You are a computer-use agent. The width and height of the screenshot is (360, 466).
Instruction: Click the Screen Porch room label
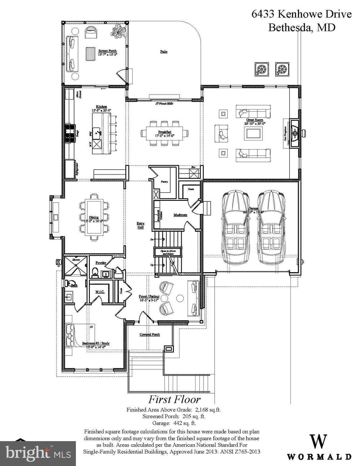pyautogui.click(x=107, y=51)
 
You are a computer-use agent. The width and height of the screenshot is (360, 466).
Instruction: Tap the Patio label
pyautogui.click(x=164, y=52)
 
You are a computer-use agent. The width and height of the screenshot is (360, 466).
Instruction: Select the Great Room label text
pyautogui.click(x=255, y=120)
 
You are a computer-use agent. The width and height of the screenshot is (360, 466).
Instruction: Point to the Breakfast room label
pyautogui.click(x=165, y=132)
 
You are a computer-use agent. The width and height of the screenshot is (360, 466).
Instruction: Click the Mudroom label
pyautogui.click(x=180, y=215)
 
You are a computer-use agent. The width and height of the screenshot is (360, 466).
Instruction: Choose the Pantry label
pyautogui.click(x=164, y=182)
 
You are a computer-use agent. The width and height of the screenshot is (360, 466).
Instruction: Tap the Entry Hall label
pyautogui.click(x=140, y=225)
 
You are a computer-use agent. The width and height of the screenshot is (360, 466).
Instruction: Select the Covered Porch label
pyautogui.click(x=150, y=334)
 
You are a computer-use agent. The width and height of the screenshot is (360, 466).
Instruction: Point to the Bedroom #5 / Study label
pyautogui.click(x=96, y=343)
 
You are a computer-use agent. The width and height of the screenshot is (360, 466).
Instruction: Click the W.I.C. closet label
pyautogui.click(x=100, y=292)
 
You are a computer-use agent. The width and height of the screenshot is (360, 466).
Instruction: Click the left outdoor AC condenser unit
pyautogui.click(x=262, y=69)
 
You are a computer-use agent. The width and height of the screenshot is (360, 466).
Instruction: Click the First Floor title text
pyautogui.click(x=174, y=399)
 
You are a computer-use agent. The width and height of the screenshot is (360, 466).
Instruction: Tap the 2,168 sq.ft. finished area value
pyautogui.click(x=208, y=410)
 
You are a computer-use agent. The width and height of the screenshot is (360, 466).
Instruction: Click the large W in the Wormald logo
pyautogui.click(x=318, y=441)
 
